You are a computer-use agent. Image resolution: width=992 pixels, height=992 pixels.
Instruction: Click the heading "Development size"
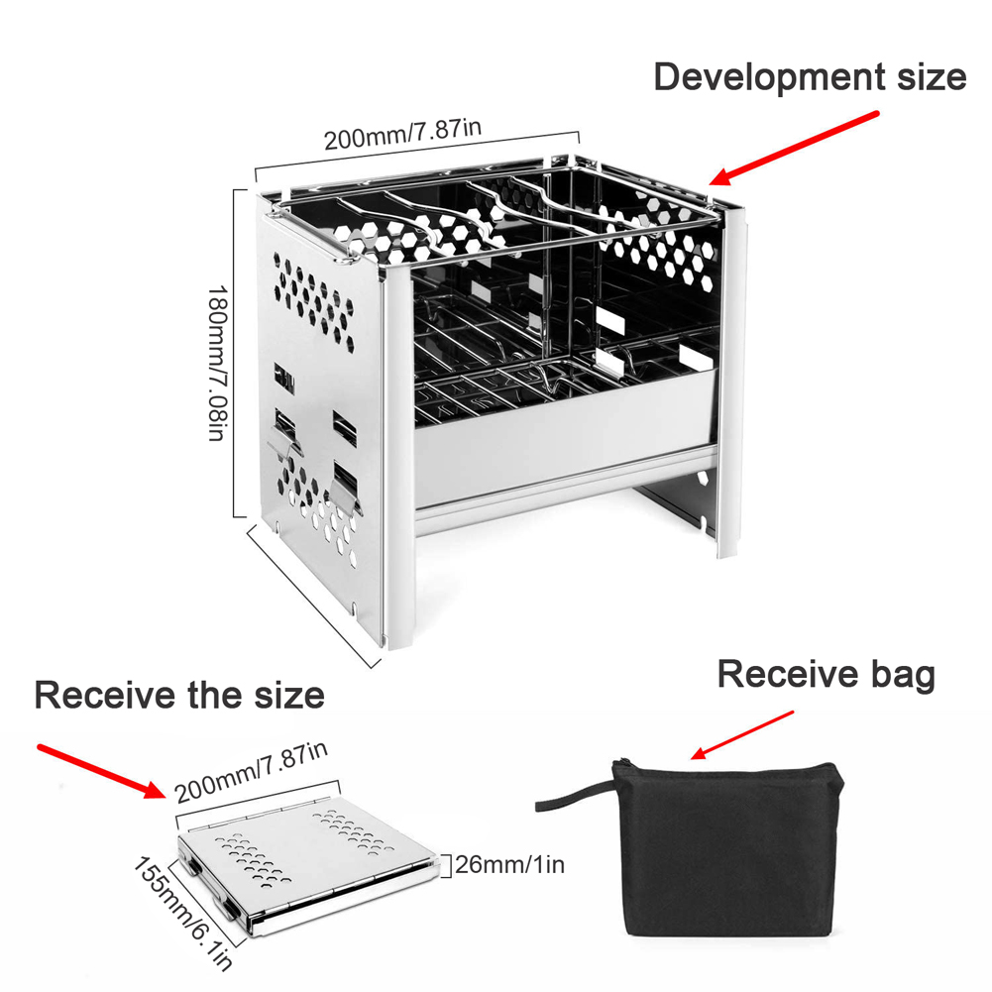pos(810,77)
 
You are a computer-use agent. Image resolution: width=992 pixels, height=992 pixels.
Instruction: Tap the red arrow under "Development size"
pos(794,149)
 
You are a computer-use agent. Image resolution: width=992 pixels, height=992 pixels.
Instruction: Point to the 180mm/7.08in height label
pos(217,363)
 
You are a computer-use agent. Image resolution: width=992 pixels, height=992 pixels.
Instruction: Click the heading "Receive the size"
pos(179,695)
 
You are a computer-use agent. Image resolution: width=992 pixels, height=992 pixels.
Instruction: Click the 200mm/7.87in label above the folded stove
pos(251,772)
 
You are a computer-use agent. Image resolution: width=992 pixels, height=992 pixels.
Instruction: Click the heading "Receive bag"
pos(826,674)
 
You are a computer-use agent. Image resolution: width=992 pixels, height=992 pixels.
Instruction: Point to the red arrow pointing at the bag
pos(741,735)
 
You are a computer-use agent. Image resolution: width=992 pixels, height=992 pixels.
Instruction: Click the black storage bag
pos(727,848)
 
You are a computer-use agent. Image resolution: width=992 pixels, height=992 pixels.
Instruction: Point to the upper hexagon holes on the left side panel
pos(314,300)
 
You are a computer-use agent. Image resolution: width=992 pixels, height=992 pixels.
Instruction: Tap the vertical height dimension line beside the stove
pos(235,353)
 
